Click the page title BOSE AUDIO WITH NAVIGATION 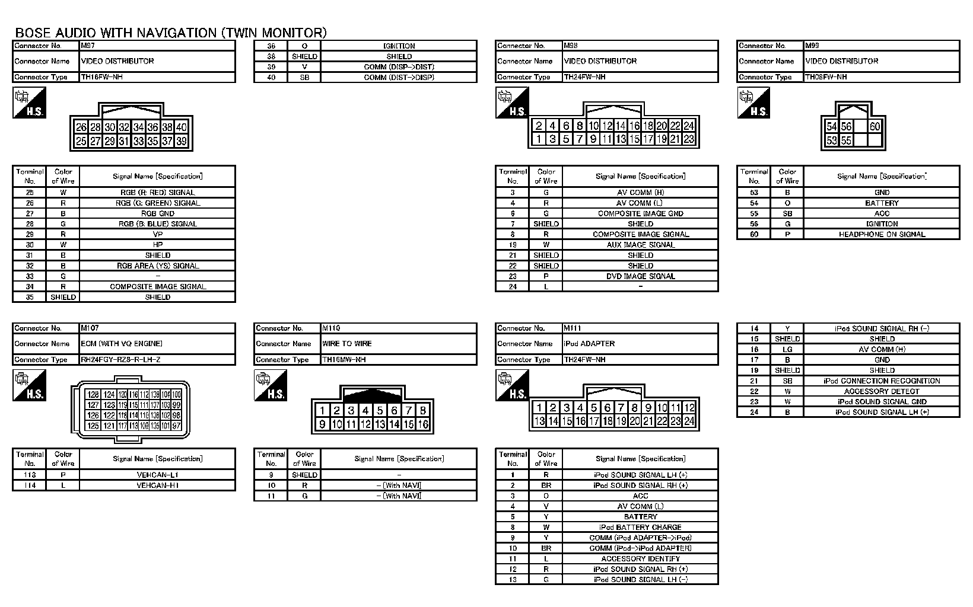[170, 33]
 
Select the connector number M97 [88, 45]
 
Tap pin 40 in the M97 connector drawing [182, 127]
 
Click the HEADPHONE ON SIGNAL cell [882, 234]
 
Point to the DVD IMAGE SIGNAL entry [640, 276]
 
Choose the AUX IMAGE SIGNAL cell [640, 245]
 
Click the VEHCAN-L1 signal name [157, 475]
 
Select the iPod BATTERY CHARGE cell [640, 527]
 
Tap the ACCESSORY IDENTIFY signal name [640, 558]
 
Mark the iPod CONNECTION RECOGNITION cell [882, 381]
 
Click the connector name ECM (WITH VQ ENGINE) [122, 344]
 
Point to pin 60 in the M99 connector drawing [875, 126]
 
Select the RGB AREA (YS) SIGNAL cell [157, 266]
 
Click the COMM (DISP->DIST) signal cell [399, 67]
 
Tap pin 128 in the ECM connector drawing [93, 394]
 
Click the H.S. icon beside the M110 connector [271, 385]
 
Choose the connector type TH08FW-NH [826, 77]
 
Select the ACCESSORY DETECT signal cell [882, 391]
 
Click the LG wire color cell [787, 349]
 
